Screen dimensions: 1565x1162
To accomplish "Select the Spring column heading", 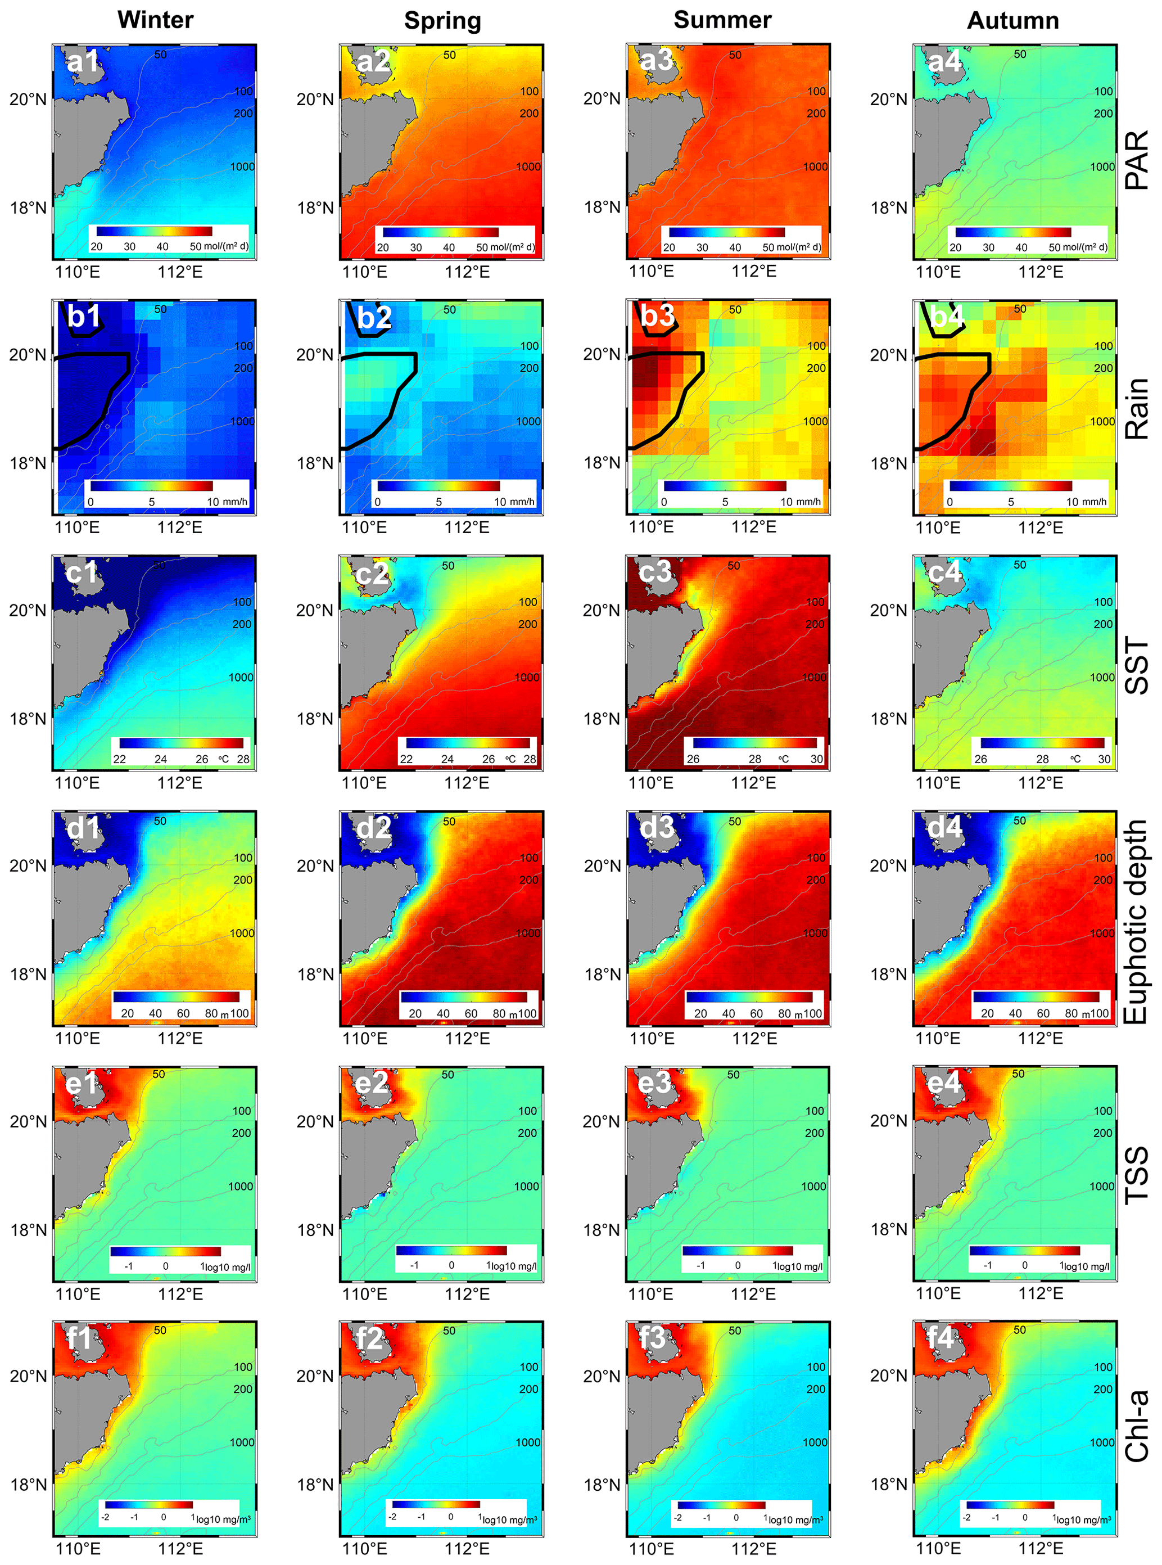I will pyautogui.click(x=442, y=20).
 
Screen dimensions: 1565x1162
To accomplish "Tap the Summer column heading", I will pyautogui.click(x=722, y=20).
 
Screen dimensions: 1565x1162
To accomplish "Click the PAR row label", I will pyautogui.click(x=1137, y=159).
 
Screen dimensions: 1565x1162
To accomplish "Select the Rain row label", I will pyautogui.click(x=1137, y=409).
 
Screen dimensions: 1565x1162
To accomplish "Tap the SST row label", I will pyautogui.click(x=1137, y=665).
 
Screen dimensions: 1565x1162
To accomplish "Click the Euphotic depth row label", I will pyautogui.click(x=1137, y=922).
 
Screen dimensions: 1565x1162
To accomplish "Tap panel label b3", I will pyautogui.click(x=656, y=317).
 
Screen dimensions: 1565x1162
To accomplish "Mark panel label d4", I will pyautogui.click(x=944, y=828).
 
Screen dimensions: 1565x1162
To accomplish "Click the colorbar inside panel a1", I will pyautogui.click(x=154, y=231).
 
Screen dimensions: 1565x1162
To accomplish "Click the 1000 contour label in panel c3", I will pyautogui.click(x=814, y=677).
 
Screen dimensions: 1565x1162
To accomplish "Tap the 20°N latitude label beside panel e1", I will pyautogui.click(x=28, y=1120).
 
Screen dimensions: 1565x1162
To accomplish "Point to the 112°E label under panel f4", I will pyautogui.click(x=1041, y=1548).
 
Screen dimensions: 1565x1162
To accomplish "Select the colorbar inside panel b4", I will pyautogui.click(x=1010, y=485).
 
